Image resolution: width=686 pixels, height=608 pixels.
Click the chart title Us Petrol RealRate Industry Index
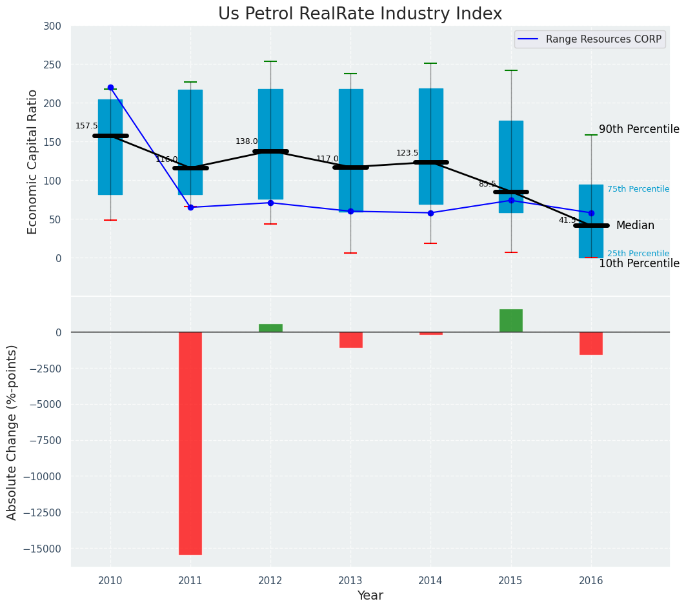(359, 14)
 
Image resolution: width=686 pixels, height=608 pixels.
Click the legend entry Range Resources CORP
(603, 39)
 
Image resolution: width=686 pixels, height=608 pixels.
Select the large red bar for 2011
(190, 443)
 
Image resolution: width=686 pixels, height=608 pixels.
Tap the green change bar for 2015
(510, 321)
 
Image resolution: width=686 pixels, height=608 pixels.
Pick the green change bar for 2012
(270, 328)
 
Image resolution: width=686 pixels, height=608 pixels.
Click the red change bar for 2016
(590, 343)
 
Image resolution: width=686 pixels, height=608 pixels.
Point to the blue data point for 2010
(110, 87)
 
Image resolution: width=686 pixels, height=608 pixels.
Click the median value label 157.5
(86, 126)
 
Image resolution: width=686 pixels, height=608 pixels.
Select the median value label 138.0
(247, 141)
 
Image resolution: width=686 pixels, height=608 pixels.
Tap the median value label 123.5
(407, 153)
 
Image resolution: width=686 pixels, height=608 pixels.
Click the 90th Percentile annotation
(639, 129)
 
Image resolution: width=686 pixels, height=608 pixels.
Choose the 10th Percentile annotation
(639, 263)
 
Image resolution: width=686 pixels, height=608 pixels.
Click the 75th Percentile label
(638, 189)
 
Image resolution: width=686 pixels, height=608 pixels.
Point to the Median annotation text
(635, 225)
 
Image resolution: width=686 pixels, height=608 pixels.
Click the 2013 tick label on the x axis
(350, 580)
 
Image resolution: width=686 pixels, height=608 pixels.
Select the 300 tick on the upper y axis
(52, 26)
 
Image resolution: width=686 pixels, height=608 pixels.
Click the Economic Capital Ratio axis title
(33, 161)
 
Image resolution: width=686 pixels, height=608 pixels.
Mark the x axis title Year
(370, 596)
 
